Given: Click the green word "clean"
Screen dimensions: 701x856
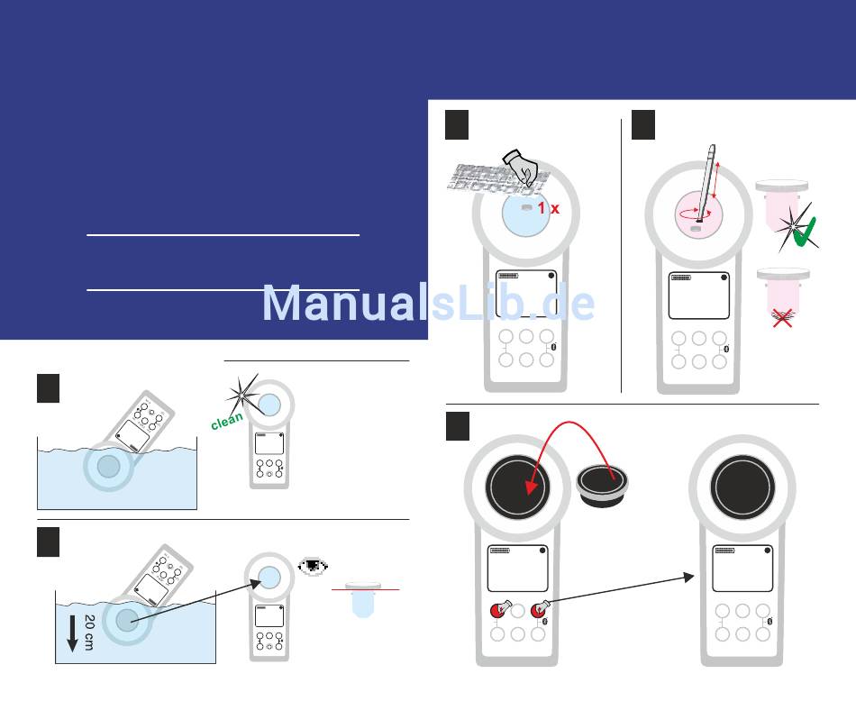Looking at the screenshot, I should click(227, 421).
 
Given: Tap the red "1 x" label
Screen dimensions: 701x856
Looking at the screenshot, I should click(548, 208).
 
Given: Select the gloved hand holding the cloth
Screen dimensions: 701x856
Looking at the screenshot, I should click(520, 167).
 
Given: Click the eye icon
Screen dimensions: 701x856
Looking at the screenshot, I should click(314, 568).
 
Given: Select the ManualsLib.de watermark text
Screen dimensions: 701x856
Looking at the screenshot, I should click(428, 305).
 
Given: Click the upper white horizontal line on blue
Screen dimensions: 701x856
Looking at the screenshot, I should click(223, 235).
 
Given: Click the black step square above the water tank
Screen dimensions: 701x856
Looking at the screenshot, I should click(48, 387).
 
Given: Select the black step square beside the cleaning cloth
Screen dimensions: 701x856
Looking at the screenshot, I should click(458, 124).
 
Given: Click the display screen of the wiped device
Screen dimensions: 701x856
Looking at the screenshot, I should click(526, 293).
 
